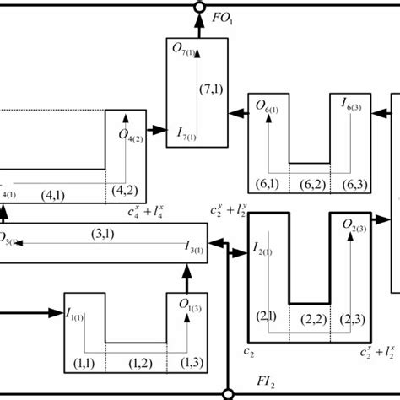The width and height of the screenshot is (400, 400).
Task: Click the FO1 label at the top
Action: click(x=223, y=15)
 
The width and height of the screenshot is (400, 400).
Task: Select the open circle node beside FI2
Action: click(x=228, y=392)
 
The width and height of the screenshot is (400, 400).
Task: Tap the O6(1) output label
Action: click(x=269, y=106)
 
